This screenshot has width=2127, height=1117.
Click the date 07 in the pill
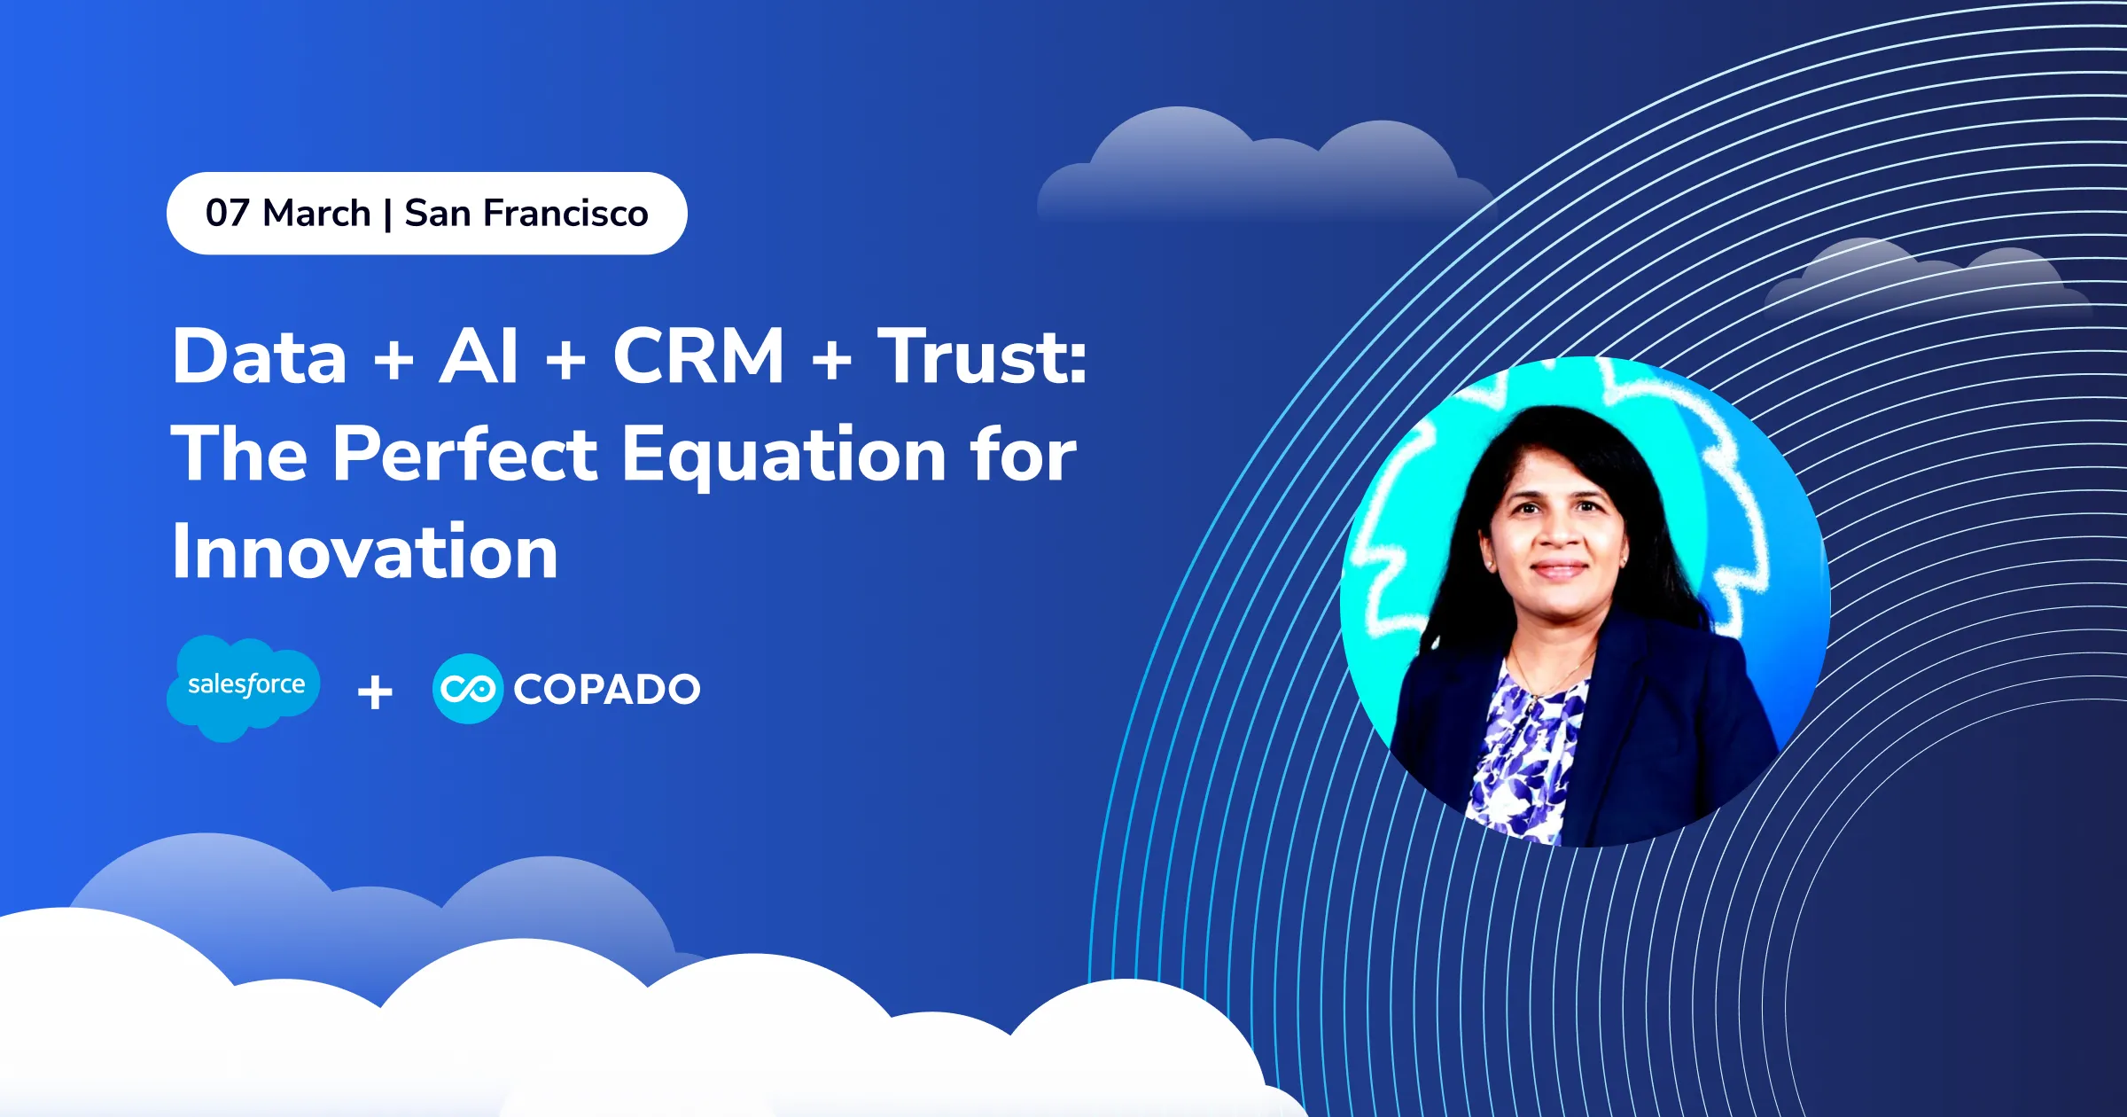(228, 214)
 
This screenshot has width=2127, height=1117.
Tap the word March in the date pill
(316, 214)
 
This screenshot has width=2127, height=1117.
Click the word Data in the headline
(259, 356)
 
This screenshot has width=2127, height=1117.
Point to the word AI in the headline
(479, 356)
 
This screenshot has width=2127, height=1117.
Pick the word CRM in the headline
(698, 356)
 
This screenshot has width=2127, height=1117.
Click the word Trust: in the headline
(982, 356)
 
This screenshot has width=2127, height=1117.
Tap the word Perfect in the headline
(465, 454)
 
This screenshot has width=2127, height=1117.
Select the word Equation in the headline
(783, 456)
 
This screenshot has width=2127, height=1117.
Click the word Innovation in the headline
(364, 551)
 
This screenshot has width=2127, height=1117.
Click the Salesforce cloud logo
(245, 685)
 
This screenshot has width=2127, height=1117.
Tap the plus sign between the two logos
(375, 692)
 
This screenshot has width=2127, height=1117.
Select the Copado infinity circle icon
(467, 689)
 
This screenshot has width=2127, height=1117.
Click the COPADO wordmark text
(607, 690)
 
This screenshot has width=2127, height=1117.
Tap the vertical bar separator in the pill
(387, 215)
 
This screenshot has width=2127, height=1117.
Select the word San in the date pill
(437, 214)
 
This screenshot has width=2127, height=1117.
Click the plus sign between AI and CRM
(565, 361)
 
